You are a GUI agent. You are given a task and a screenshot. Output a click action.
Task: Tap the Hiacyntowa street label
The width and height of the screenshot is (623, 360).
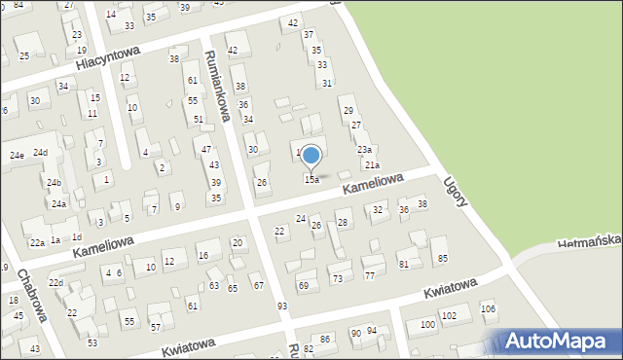tap(108, 59)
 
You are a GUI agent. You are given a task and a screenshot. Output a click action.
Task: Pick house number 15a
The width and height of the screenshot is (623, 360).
tap(311, 180)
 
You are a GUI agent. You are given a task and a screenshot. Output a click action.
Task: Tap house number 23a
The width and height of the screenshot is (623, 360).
tap(364, 149)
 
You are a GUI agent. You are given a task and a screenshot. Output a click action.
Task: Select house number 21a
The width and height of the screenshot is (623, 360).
tap(372, 165)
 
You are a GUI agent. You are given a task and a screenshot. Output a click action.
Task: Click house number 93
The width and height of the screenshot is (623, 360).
tap(282, 306)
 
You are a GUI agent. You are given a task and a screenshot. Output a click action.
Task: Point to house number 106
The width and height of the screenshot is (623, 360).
tap(488, 309)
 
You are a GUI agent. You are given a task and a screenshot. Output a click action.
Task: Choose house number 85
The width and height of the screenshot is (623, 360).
tap(443, 258)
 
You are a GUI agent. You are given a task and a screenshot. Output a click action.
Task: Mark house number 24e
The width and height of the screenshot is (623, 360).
tap(17, 156)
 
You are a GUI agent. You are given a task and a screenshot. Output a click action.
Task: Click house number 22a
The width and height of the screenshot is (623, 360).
tap(36, 242)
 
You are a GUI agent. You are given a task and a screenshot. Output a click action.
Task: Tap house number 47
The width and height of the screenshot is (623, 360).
tap(206, 149)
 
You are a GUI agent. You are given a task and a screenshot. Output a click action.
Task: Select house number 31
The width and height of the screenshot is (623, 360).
tap(327, 84)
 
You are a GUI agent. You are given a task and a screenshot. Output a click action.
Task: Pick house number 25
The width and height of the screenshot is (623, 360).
tap(23, 56)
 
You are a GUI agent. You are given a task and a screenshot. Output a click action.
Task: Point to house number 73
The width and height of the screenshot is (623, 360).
tap(337, 278)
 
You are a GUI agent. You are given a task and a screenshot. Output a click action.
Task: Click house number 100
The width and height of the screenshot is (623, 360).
tap(426, 324)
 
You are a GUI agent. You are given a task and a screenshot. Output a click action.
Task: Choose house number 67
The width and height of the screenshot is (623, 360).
tap(258, 285)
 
